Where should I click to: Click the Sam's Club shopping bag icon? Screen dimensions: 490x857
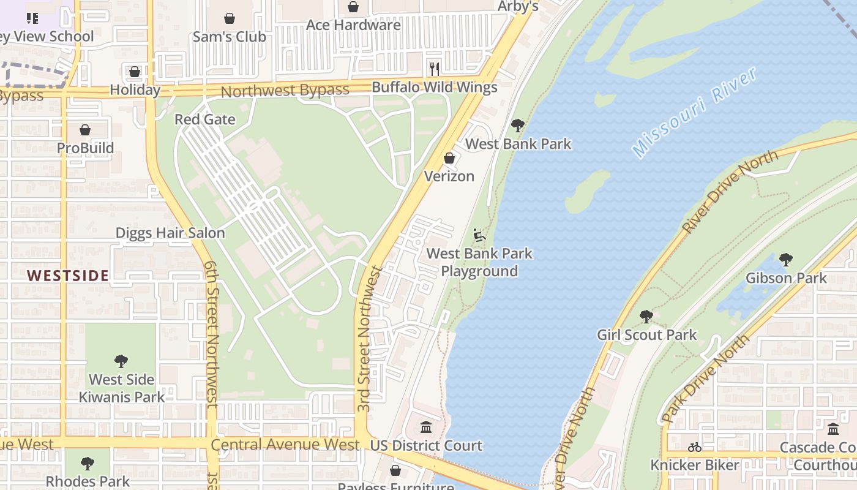[230, 19]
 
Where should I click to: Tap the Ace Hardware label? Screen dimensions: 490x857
[353, 25]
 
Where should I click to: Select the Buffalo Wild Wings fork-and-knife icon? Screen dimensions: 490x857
[434, 69]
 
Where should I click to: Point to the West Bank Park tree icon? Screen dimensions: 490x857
[518, 126]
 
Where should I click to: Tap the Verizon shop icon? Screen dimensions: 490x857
[449, 159]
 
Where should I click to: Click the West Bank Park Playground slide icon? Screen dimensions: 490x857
[479, 235]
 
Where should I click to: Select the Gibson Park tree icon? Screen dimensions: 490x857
[786, 260]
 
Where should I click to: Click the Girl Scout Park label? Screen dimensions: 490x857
[646, 335]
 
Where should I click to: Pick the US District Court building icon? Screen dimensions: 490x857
[426, 427]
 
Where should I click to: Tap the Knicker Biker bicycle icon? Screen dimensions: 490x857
[694, 447]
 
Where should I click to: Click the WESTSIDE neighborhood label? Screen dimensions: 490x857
[68, 276]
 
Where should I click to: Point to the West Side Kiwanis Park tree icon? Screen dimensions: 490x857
[121, 361]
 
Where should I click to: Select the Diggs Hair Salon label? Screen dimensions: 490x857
[170, 233]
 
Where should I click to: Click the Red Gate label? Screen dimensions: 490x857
[205, 119]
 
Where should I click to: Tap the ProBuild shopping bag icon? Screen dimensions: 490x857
[85, 130]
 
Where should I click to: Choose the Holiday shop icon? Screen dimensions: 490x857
[135, 72]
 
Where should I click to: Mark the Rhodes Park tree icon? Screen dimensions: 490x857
[88, 463]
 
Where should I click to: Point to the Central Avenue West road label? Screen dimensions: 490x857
[285, 445]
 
